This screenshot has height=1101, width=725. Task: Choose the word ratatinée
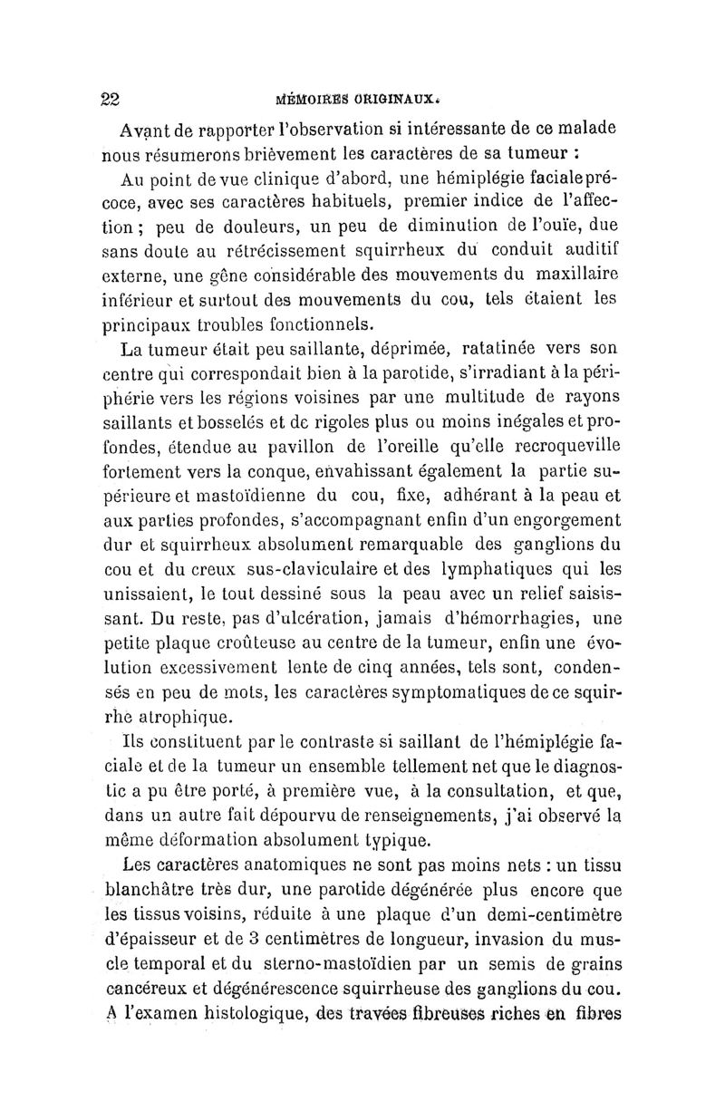pyautogui.click(x=488, y=347)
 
